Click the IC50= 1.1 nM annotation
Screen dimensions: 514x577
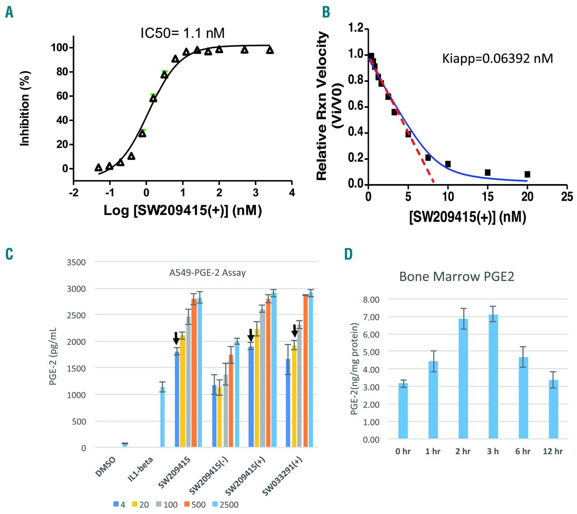(182, 33)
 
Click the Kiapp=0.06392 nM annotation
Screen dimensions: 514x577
(497, 59)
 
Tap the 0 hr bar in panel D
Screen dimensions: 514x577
(403, 410)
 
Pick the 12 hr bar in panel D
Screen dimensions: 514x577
(553, 409)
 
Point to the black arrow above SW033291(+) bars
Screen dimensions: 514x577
(295, 331)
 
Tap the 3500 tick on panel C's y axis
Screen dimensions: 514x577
(76, 262)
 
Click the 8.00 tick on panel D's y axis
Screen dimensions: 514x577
(371, 300)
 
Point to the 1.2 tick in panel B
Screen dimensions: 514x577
(356, 28)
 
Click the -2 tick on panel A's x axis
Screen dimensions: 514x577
(73, 193)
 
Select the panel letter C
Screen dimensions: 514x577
(9, 254)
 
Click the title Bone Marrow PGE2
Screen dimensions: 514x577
(456, 276)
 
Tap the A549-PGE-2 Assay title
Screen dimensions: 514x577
(207, 273)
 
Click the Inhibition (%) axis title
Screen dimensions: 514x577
(25, 108)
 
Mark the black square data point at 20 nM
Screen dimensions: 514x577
(527, 174)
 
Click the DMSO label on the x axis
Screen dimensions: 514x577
(106, 467)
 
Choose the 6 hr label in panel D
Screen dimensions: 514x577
(523, 451)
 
